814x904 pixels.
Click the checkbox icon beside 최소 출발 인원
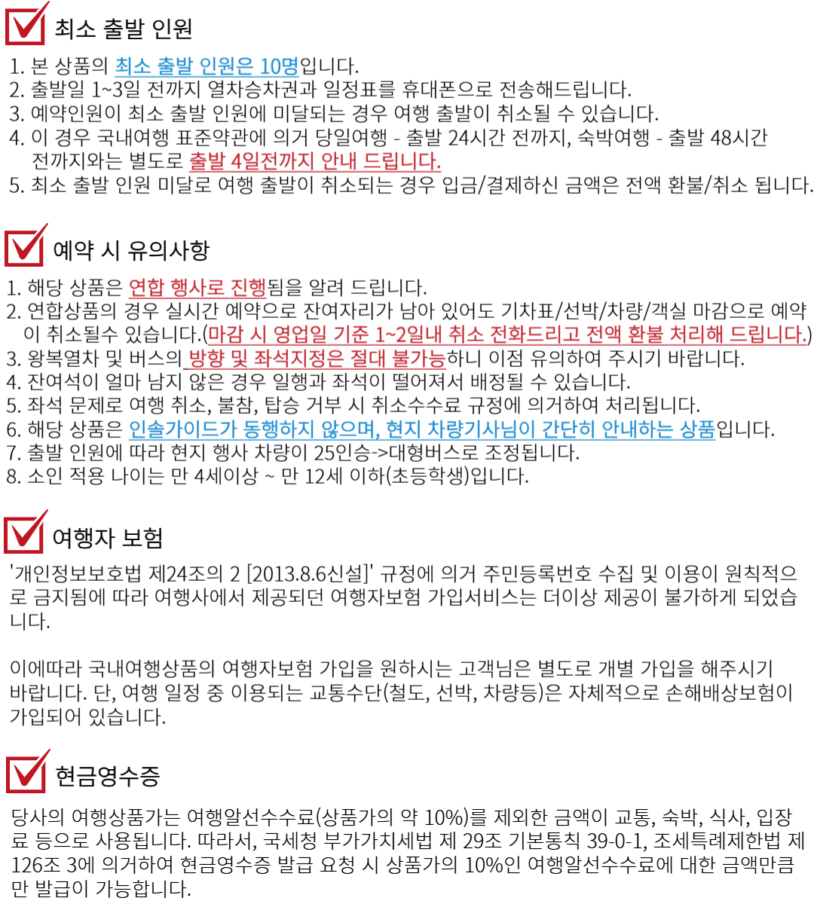(x=26, y=24)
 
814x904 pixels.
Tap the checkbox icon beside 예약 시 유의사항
(x=26, y=246)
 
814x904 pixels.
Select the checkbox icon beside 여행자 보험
(x=26, y=532)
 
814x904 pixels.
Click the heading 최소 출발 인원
(x=124, y=29)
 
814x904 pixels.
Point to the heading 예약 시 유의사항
(x=131, y=250)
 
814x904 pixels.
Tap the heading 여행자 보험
(x=107, y=538)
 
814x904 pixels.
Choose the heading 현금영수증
(x=108, y=776)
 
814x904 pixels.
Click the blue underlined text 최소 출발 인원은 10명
(x=207, y=66)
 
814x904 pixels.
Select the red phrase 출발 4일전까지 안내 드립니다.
(x=315, y=161)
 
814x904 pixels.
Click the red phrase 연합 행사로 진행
(x=197, y=288)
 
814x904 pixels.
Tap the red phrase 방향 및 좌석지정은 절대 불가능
(x=317, y=359)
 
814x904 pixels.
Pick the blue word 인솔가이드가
(x=182, y=429)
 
